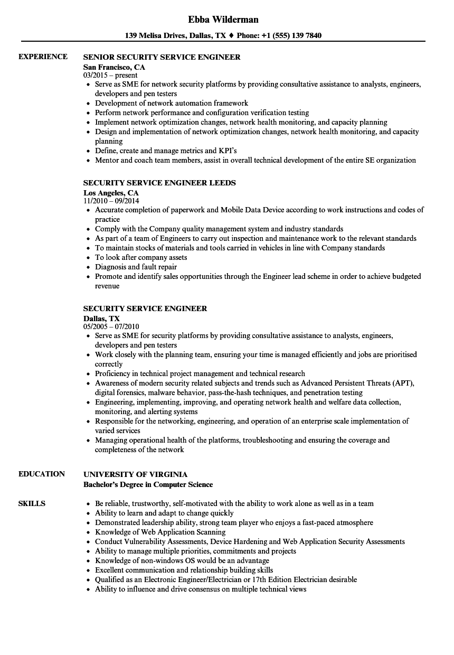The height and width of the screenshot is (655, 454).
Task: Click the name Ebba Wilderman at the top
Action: [223, 20]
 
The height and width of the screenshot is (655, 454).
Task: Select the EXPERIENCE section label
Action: [43, 57]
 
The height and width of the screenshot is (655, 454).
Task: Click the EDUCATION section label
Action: [42, 474]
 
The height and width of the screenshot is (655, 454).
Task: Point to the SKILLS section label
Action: [32, 503]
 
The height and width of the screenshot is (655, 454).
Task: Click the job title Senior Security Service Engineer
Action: [162, 57]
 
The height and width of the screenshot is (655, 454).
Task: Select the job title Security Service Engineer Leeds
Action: [159, 183]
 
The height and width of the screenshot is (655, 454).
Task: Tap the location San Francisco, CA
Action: [114, 67]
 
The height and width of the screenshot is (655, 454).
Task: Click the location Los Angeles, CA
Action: [111, 193]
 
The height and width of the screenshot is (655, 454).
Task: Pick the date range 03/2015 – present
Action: [110, 75]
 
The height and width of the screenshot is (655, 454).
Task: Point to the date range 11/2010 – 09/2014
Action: [111, 201]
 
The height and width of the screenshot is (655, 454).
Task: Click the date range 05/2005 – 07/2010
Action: [111, 326]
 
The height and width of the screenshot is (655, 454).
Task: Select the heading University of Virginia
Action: [135, 474]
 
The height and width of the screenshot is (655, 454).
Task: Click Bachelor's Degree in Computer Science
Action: [148, 484]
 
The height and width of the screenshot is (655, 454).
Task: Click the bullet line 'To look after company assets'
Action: [141, 257]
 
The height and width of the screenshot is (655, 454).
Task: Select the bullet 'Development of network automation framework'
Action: [172, 103]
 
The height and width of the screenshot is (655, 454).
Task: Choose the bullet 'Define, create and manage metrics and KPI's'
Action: [166, 151]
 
